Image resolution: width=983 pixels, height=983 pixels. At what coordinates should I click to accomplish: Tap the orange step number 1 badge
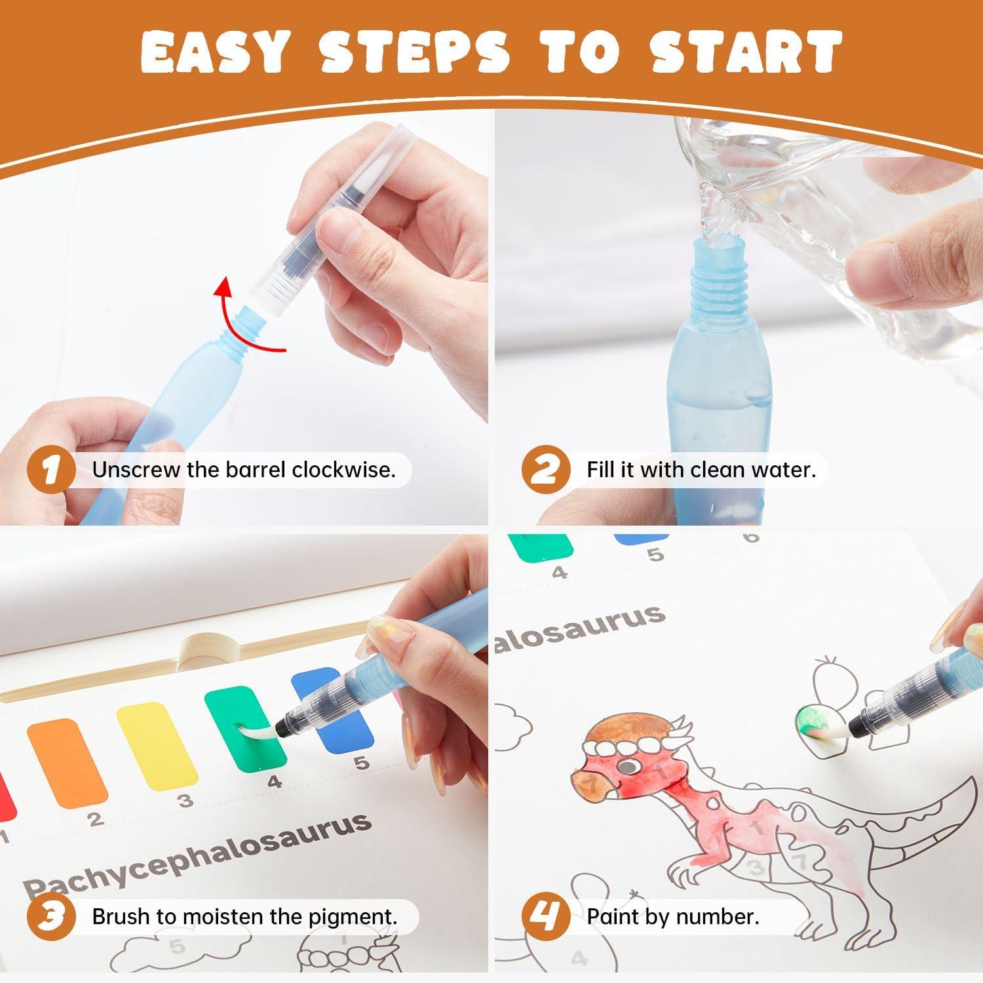[x=51, y=470]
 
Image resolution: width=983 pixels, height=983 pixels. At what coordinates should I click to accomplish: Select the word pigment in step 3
[x=357, y=917]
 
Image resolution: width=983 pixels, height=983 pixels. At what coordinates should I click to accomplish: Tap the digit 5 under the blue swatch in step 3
[x=361, y=763]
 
